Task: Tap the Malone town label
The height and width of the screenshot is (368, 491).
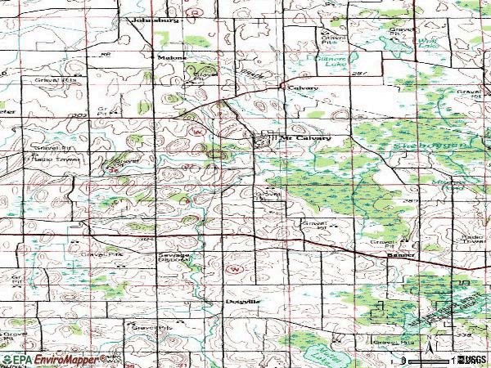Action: [168, 57]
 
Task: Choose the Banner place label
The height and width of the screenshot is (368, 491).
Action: [400, 255]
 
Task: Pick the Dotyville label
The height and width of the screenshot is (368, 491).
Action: [243, 301]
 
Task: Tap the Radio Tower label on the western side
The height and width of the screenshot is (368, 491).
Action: [49, 158]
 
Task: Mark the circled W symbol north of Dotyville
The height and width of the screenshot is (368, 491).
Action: [235, 268]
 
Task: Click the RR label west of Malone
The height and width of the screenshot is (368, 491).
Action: [105, 55]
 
